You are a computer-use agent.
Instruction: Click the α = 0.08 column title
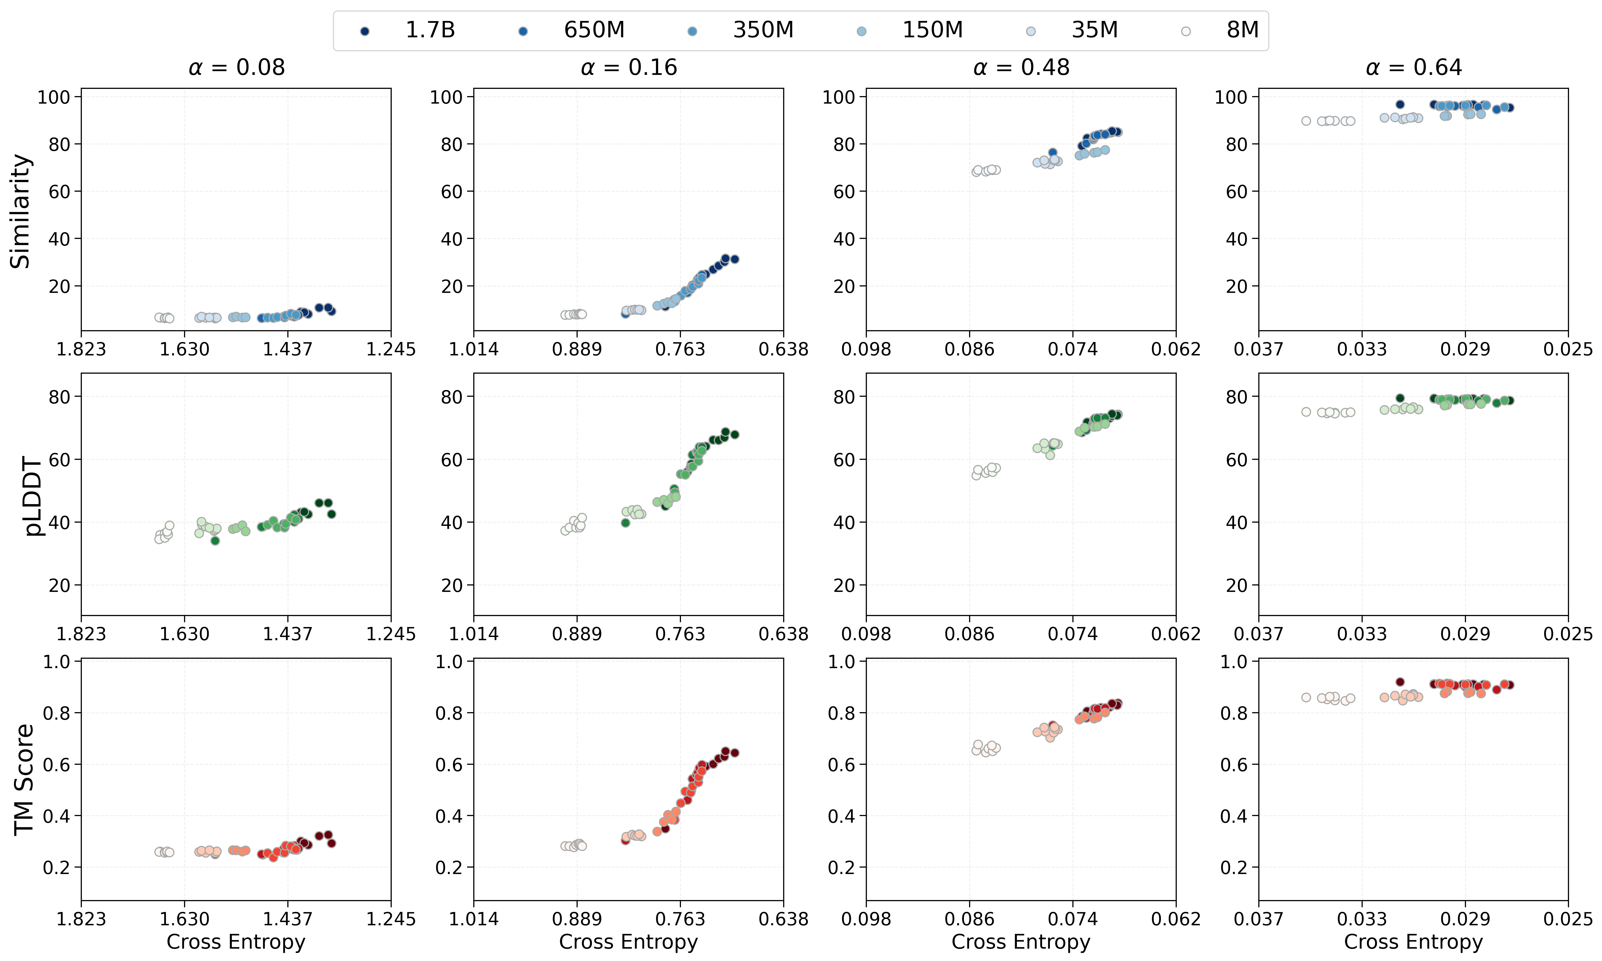click(236, 67)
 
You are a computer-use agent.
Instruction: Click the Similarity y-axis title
click(21, 211)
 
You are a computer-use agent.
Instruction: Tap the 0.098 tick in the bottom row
click(866, 919)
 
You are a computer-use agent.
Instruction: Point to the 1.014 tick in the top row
click(474, 350)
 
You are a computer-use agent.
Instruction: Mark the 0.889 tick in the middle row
click(577, 634)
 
